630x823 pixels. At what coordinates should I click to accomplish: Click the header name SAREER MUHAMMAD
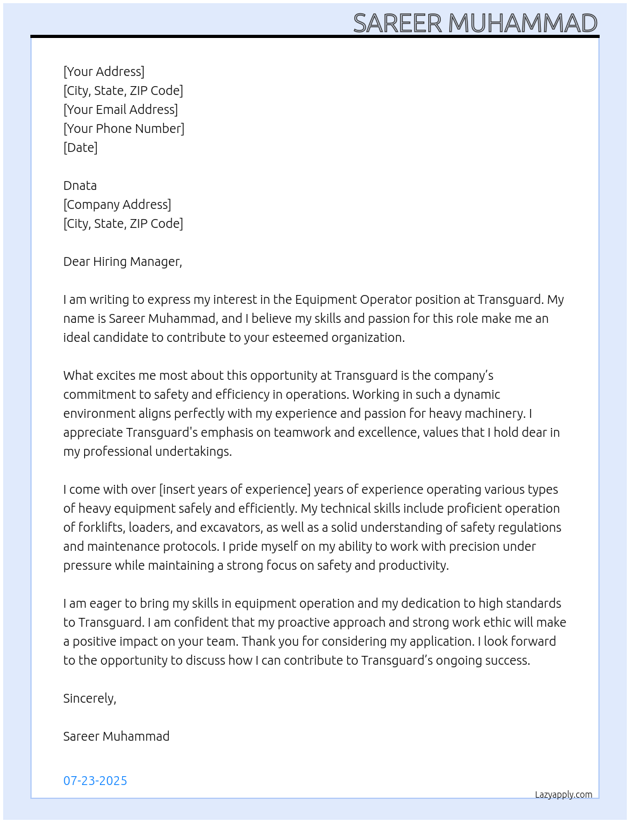pyautogui.click(x=475, y=23)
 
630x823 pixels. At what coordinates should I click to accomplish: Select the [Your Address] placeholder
pyautogui.click(x=104, y=72)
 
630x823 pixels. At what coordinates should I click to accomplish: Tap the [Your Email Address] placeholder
pyautogui.click(x=120, y=110)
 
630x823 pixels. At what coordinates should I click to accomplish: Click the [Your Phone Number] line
pyautogui.click(x=124, y=129)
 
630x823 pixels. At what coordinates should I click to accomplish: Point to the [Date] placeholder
pyautogui.click(x=80, y=148)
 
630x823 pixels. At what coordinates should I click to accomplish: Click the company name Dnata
pyautogui.click(x=80, y=185)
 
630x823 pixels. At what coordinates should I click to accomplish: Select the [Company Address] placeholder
pyautogui.click(x=117, y=204)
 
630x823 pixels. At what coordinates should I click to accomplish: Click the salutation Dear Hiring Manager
pyautogui.click(x=122, y=261)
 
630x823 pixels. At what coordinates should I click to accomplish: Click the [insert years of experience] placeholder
pyautogui.click(x=235, y=489)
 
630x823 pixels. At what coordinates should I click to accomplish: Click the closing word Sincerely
pyautogui.click(x=89, y=698)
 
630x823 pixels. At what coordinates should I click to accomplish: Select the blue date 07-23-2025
pyautogui.click(x=95, y=781)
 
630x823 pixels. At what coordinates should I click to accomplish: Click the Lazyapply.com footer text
pyautogui.click(x=564, y=795)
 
